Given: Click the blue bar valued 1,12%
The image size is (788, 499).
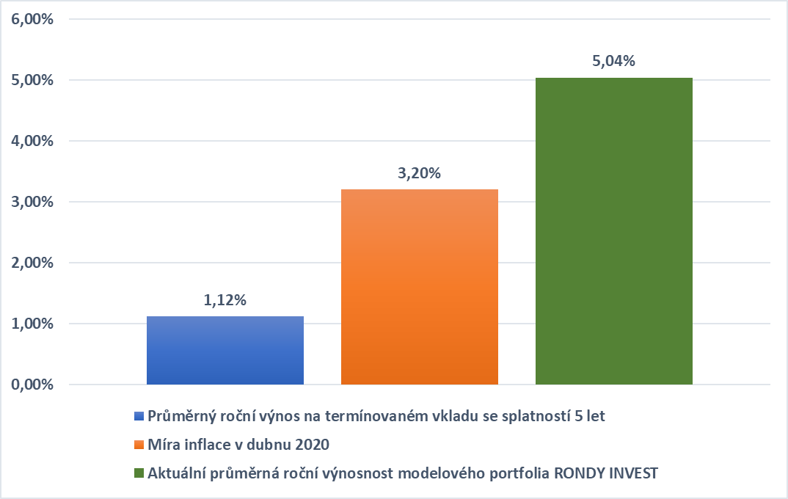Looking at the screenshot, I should (x=225, y=350).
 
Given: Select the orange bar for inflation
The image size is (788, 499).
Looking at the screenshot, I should (x=420, y=286).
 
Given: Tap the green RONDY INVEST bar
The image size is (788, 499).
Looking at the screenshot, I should (x=614, y=230).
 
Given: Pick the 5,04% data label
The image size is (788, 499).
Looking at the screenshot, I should (x=613, y=61).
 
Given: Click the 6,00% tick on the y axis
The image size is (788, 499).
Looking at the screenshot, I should (x=32, y=19).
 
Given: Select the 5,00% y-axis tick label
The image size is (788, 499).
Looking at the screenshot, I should (x=32, y=80).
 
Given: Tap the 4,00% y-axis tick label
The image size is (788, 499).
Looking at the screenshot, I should (x=32, y=141).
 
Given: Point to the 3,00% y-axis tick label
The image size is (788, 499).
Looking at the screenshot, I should (x=32, y=202).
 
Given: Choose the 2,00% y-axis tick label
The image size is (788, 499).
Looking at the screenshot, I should (x=32, y=263).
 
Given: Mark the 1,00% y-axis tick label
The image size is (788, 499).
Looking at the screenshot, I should (x=32, y=324).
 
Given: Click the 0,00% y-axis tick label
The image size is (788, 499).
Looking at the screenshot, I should (x=32, y=385).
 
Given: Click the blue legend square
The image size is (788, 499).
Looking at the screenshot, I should (x=139, y=416).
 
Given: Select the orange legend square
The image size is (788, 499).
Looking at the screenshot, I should (x=139, y=445).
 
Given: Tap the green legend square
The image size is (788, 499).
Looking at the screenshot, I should (x=139, y=473).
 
